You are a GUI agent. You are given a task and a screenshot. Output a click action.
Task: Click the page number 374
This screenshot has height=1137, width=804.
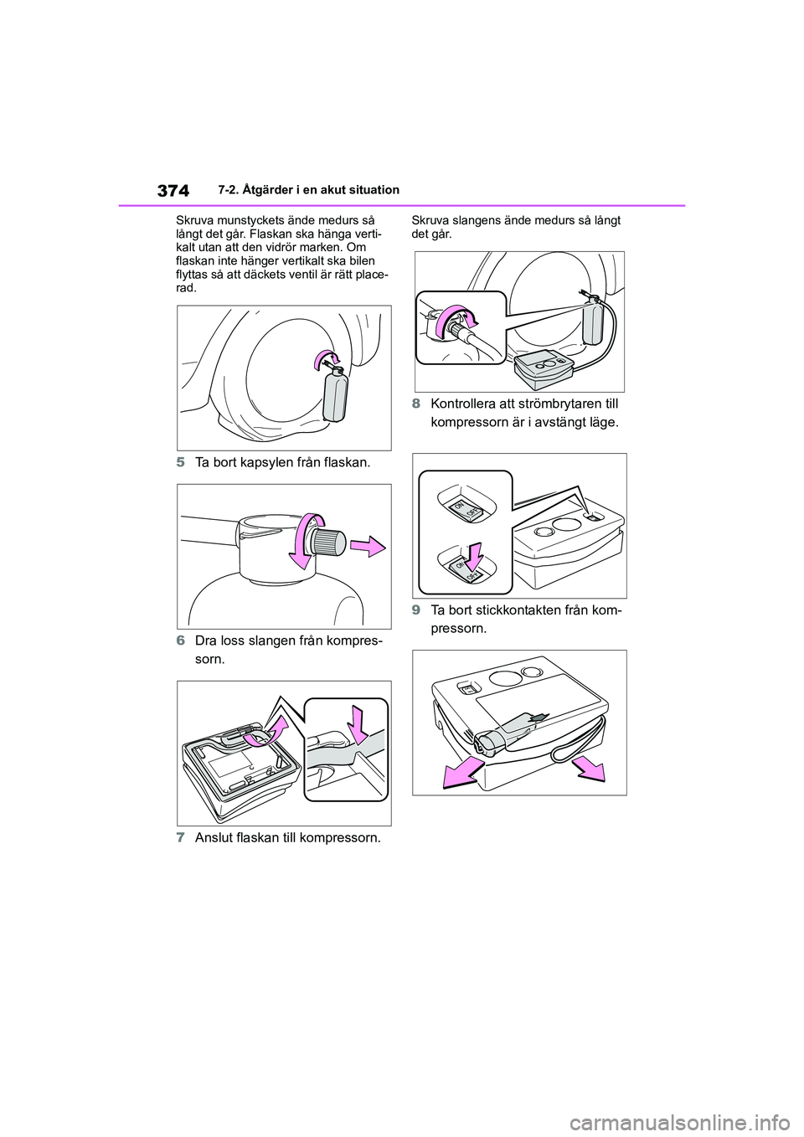[173, 191]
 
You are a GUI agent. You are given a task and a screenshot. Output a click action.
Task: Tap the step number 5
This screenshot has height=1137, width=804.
[180, 462]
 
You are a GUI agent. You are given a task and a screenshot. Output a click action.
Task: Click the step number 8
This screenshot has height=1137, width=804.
[415, 404]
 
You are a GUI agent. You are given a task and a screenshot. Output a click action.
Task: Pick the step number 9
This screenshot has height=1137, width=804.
[415, 610]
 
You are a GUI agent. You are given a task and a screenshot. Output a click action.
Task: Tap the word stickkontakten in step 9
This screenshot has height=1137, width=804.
[513, 610]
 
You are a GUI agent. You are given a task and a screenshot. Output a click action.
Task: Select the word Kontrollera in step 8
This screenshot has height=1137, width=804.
[459, 404]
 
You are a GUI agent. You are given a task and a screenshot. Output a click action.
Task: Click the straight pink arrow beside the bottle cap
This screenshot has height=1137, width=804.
[369, 546]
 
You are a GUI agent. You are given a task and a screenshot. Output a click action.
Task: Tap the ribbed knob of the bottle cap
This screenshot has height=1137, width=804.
[331, 543]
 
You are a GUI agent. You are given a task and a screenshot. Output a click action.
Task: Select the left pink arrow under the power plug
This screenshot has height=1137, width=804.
[462, 773]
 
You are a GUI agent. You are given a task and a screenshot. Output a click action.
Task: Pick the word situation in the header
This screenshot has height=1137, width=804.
[376, 190]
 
